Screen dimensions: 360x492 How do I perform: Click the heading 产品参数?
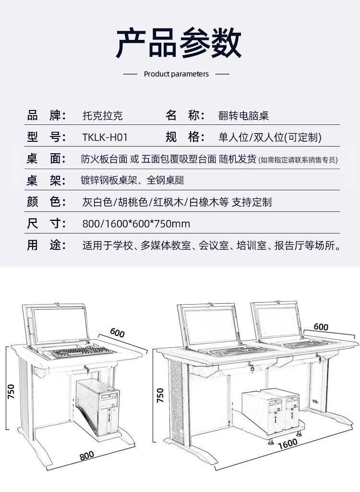(x=179, y=43)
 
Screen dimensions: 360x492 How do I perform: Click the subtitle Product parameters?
(x=176, y=74)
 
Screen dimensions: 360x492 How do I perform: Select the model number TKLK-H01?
(x=105, y=137)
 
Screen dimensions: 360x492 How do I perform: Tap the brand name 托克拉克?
(x=103, y=116)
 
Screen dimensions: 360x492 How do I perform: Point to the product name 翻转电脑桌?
(x=243, y=116)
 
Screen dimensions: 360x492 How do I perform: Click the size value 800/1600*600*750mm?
(x=136, y=224)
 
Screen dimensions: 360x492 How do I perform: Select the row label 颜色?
(x=46, y=202)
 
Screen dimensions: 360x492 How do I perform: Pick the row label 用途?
(x=46, y=245)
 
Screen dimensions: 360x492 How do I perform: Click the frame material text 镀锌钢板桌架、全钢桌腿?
(x=132, y=180)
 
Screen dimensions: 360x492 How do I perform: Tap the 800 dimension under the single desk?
(x=86, y=455)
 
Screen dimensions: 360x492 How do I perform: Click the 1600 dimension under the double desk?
(x=288, y=444)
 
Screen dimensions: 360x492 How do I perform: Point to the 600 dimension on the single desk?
(x=117, y=332)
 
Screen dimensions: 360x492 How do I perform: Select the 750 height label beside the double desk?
(x=160, y=395)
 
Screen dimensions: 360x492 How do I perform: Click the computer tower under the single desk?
(x=98, y=407)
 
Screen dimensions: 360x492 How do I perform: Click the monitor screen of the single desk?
(x=60, y=325)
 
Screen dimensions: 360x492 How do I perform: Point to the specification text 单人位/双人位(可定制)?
(x=270, y=137)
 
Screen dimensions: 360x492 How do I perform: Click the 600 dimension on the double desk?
(x=321, y=327)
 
